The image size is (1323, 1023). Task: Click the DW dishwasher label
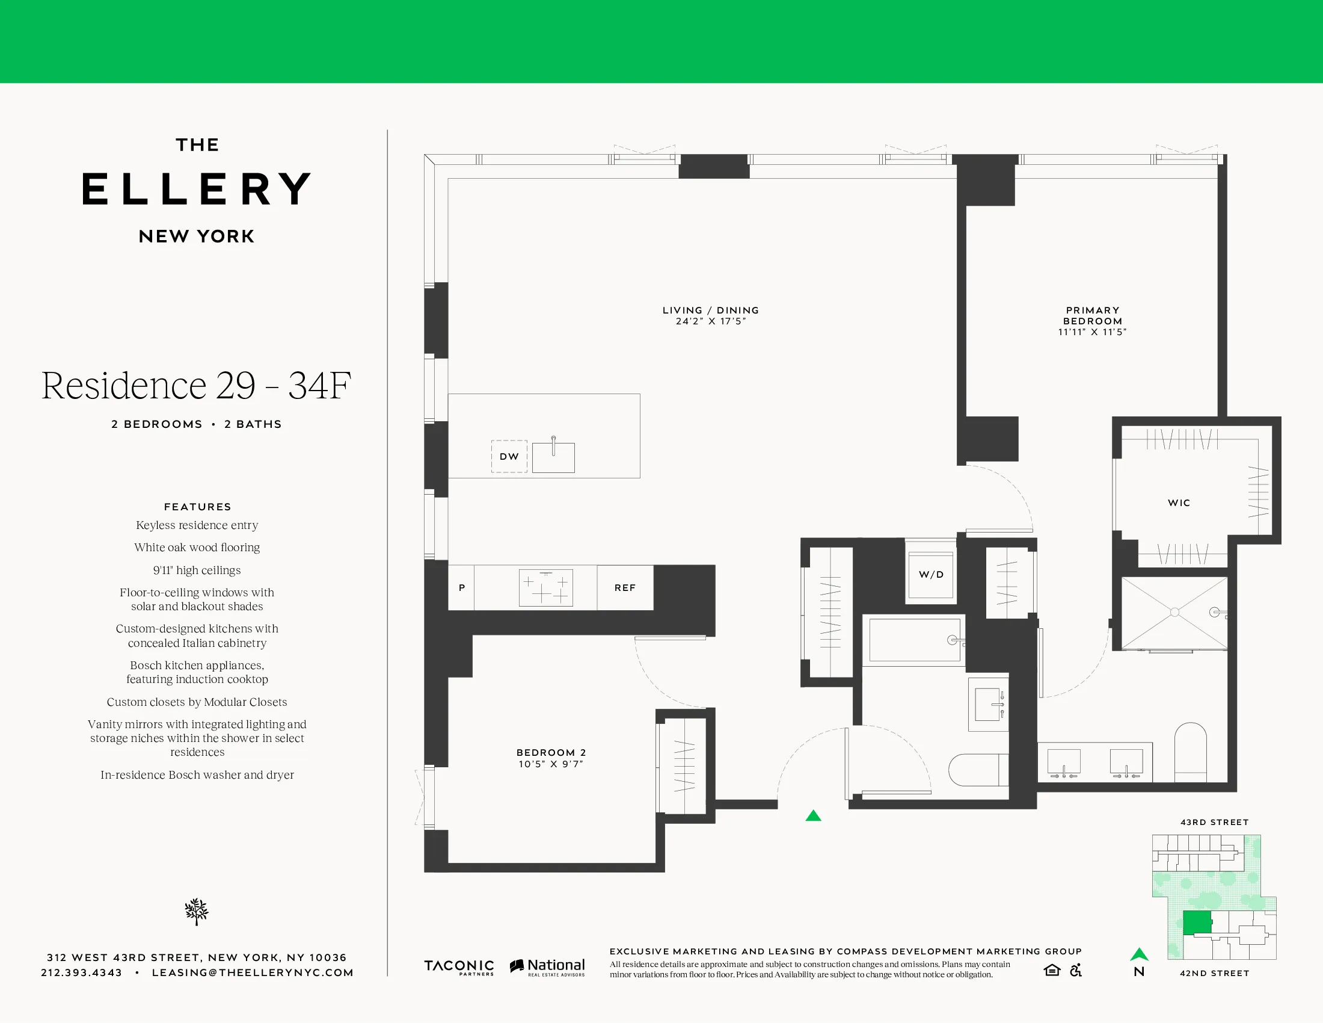[x=509, y=456]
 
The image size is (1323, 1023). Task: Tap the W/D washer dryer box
[x=931, y=575]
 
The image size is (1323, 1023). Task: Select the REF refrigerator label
[x=625, y=588]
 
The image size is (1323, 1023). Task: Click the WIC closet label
[x=1179, y=503]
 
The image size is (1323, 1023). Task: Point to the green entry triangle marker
[x=813, y=816]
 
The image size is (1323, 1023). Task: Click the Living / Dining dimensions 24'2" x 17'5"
[x=711, y=321]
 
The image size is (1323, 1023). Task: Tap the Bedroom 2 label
[x=551, y=752]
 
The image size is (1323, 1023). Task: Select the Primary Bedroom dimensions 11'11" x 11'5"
[x=1091, y=332]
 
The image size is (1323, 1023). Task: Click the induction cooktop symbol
[x=546, y=588]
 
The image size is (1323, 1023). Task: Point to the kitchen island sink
[x=553, y=457]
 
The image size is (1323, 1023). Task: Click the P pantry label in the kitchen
[x=462, y=588]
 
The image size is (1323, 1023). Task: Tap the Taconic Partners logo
[x=459, y=967]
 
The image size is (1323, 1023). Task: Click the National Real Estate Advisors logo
[x=548, y=967]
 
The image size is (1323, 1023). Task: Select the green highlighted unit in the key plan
[x=1197, y=922]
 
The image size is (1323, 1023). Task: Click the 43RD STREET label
[x=1214, y=823]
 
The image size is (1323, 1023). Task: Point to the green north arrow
[x=1139, y=954]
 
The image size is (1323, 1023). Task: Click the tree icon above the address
[x=196, y=912]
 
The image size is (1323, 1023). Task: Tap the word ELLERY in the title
[x=197, y=189]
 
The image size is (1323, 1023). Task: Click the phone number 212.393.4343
[x=81, y=972]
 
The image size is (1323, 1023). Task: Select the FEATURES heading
[x=197, y=507]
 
